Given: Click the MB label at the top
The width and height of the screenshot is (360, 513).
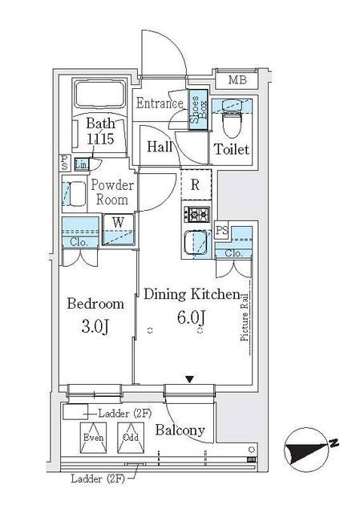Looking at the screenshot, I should (237, 79).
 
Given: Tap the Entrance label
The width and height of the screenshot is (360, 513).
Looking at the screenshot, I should (160, 103).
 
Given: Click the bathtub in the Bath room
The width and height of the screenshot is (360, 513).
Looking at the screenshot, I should (100, 96).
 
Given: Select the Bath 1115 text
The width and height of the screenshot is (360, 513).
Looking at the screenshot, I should (100, 131).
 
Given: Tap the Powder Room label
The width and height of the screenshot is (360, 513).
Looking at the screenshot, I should (111, 192).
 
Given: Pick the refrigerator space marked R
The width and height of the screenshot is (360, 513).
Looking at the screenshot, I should (196, 184).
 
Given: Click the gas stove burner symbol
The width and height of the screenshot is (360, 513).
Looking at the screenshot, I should (196, 214).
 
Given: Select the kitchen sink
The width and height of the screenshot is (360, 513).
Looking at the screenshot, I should (196, 243).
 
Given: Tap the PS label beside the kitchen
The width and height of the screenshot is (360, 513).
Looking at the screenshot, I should (222, 231).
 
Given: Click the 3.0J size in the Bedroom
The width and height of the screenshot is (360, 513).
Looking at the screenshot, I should (95, 326).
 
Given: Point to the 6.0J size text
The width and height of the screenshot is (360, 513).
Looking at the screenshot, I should (190, 317).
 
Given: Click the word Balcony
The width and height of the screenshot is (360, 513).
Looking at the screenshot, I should (180, 430).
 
